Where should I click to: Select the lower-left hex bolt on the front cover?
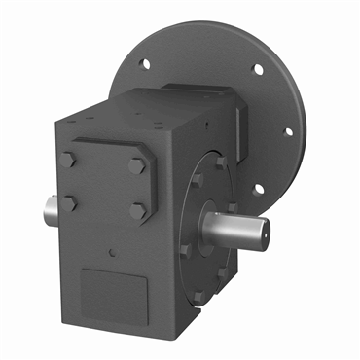70,202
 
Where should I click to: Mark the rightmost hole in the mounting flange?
287,134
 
